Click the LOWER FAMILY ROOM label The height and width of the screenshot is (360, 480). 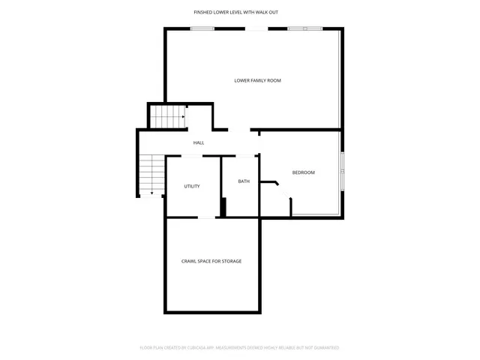tap(257, 80)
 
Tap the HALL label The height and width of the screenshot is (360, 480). tap(199, 142)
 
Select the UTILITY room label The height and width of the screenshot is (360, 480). tap(192, 186)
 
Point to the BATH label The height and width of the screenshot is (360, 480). tap(244, 181)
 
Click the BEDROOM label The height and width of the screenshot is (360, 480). tap(303, 172)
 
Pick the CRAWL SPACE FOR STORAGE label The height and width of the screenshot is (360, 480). tap(211, 261)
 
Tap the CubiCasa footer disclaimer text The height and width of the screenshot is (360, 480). tap(240, 348)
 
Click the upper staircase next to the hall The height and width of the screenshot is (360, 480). tap(167, 117)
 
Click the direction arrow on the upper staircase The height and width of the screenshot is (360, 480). tap(182, 117)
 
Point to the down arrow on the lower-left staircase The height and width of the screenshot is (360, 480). tap(151, 193)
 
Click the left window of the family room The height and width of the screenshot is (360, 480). tap(202, 29)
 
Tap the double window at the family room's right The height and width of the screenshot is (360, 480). tap(305, 29)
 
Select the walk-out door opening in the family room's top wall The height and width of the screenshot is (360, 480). tap(256, 29)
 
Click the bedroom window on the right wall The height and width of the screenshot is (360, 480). tap(343, 172)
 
